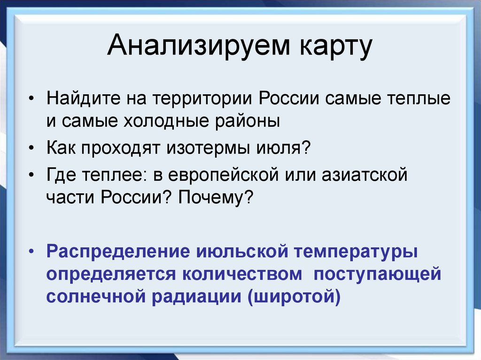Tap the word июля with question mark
(286, 149)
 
